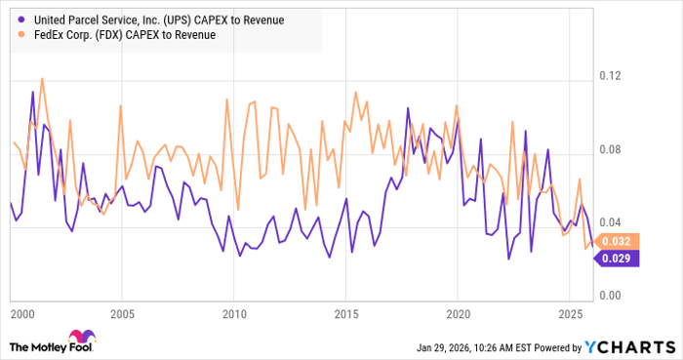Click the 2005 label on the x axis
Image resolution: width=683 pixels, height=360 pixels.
122,315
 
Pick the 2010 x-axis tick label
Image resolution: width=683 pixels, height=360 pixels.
233,315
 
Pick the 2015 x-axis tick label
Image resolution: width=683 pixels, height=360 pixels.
345,315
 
